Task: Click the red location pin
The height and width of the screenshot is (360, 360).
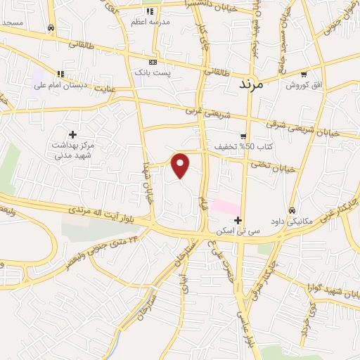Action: pyautogui.click(x=181, y=165)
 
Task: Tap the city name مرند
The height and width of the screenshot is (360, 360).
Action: pyautogui.click(x=250, y=84)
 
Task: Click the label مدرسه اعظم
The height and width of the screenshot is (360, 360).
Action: pyautogui.click(x=148, y=22)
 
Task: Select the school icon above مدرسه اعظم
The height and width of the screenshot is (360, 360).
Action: pyautogui.click(x=149, y=11)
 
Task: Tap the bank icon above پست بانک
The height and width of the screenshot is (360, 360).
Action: pyautogui.click(x=153, y=62)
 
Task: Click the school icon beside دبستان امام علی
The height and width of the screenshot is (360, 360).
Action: pyautogui.click(x=60, y=73)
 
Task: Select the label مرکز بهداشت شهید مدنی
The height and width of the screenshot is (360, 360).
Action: pyautogui.click(x=72, y=150)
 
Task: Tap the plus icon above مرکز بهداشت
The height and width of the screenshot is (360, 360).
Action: pyautogui.click(x=72, y=134)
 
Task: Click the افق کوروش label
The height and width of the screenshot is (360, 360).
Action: pyautogui.click(x=303, y=84)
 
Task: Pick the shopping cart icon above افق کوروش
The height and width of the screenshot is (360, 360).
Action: pyautogui.click(x=303, y=74)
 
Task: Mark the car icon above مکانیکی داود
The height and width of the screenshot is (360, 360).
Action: pyautogui.click(x=292, y=210)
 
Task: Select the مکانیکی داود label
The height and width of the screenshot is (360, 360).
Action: pyautogui.click(x=291, y=221)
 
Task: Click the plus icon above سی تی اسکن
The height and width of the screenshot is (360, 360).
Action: pyautogui.click(x=238, y=220)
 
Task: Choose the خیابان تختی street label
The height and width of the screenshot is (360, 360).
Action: pyautogui.click(x=279, y=167)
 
